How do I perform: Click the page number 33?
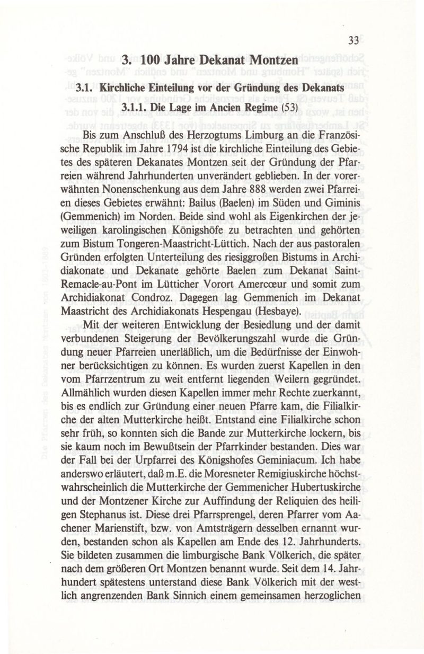point(354,40)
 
